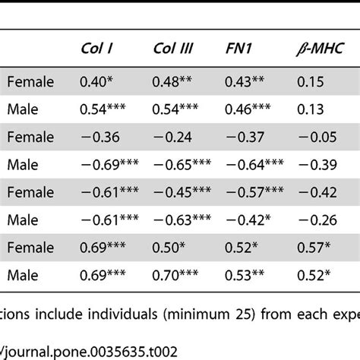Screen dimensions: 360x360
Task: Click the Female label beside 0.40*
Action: [27, 80]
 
